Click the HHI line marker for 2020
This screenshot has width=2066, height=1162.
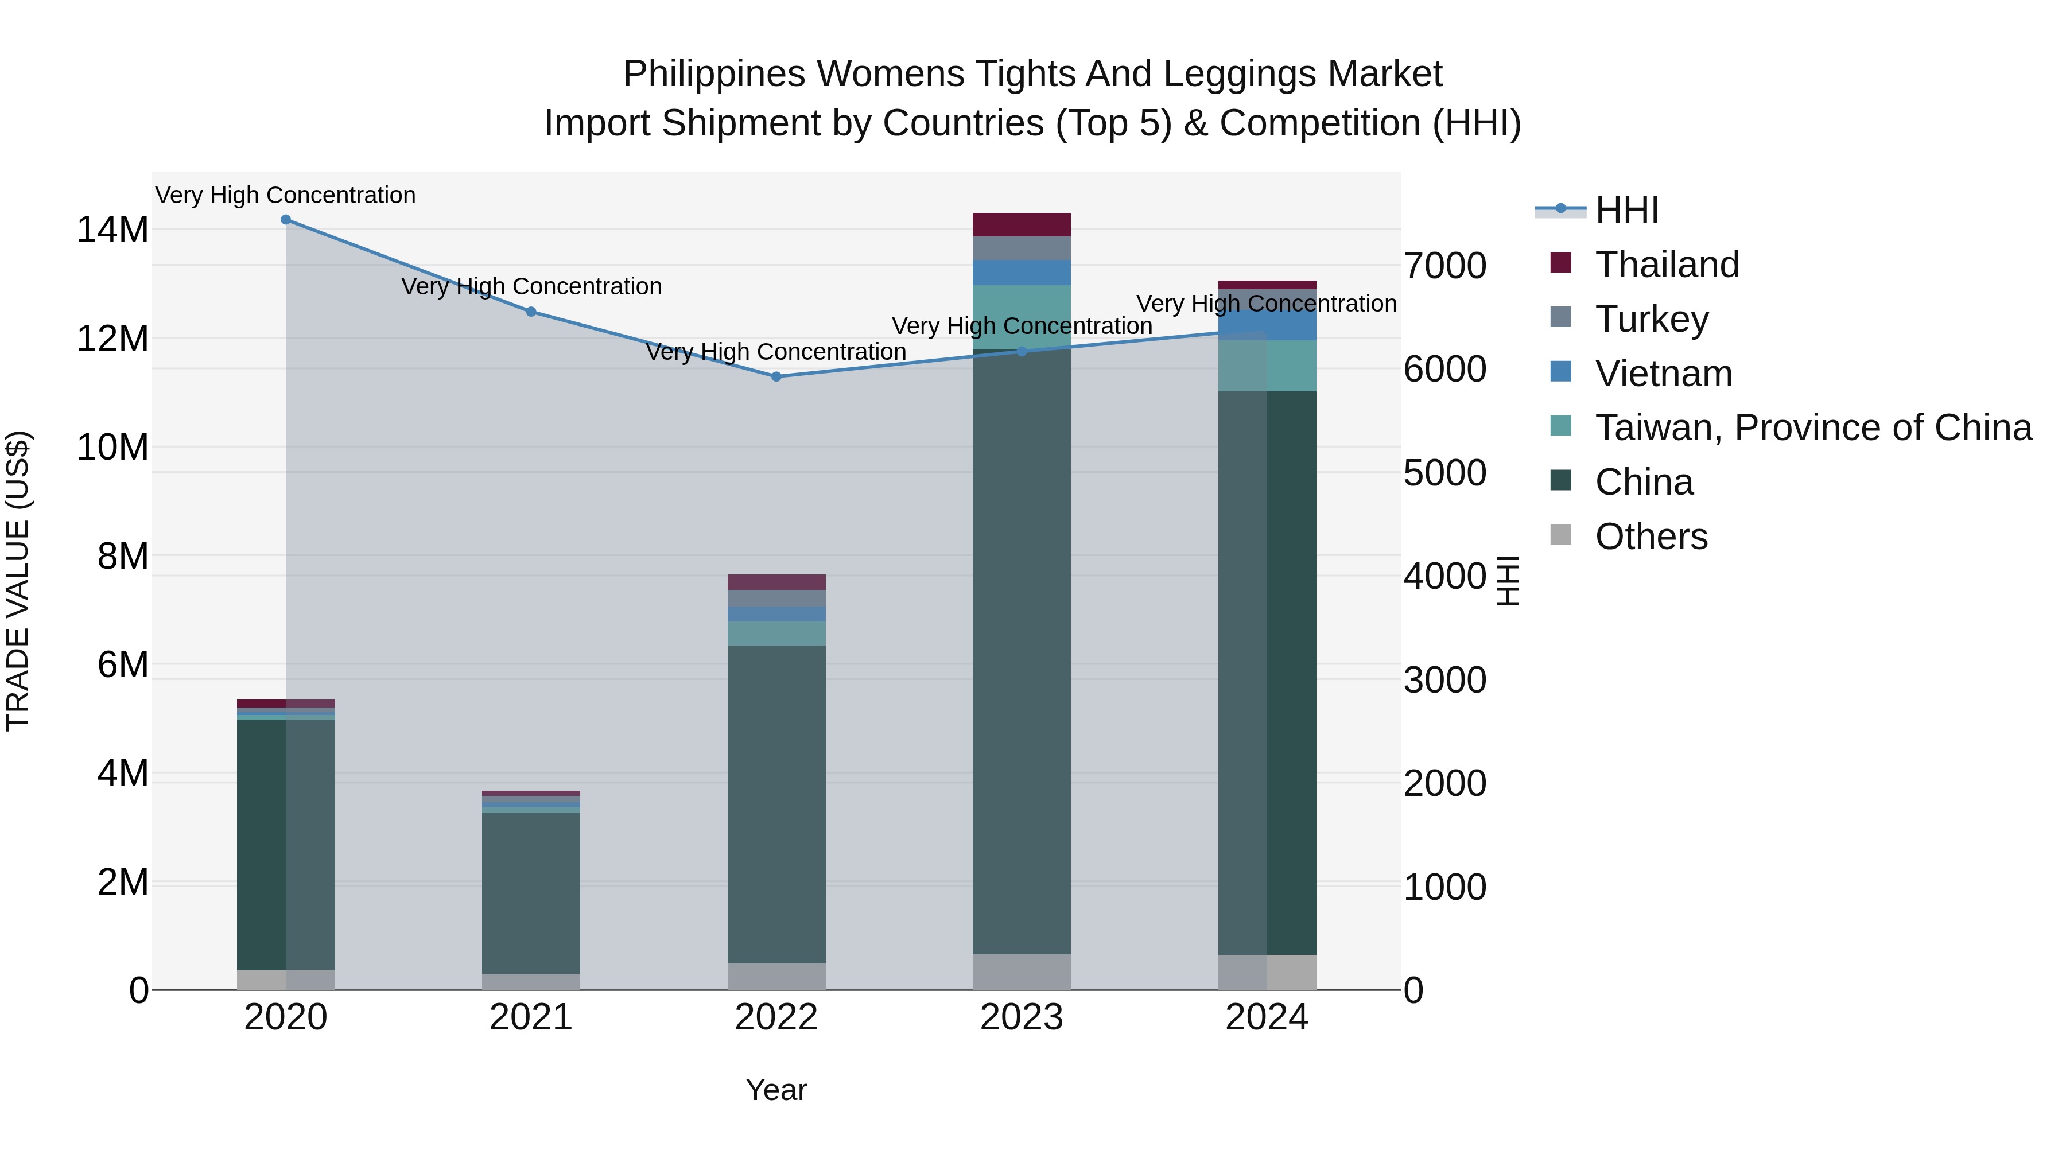pos(286,220)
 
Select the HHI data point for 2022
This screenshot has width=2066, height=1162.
pos(776,376)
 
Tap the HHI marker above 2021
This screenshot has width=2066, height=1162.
pos(531,312)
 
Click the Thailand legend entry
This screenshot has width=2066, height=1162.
pos(1667,265)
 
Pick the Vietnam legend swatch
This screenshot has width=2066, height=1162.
pos(1561,372)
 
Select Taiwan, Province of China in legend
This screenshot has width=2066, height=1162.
pos(1812,428)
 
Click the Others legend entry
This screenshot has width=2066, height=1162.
pos(1651,537)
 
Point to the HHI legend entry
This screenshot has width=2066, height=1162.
pos(1626,210)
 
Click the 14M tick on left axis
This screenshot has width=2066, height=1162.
pos(112,230)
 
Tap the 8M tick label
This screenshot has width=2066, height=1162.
pos(123,557)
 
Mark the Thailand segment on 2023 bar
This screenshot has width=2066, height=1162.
pos(1021,224)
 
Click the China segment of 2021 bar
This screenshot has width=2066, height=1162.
pos(531,892)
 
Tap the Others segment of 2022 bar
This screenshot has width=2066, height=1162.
pos(776,976)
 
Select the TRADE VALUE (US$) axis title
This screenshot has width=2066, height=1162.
pos(18,581)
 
